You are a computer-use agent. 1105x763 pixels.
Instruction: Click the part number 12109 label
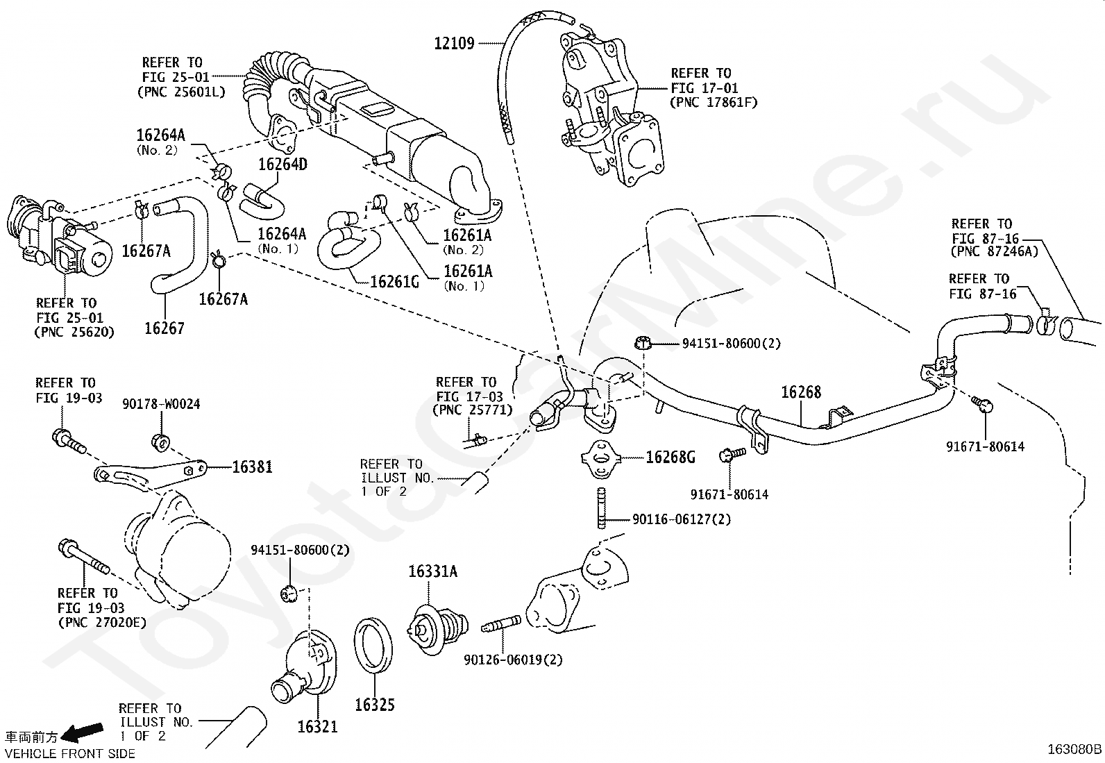(x=454, y=44)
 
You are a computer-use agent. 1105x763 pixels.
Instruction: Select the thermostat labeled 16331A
(x=438, y=630)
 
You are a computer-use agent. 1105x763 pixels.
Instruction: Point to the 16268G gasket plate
(x=601, y=459)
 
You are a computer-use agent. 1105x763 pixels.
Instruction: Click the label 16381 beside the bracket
(x=252, y=467)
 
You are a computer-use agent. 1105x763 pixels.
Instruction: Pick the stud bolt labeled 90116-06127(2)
(x=601, y=508)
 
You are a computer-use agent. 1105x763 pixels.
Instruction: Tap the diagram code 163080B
(x=1074, y=749)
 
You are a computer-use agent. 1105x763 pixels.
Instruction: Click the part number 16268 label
(x=801, y=392)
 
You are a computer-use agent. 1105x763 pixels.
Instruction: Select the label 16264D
(x=282, y=165)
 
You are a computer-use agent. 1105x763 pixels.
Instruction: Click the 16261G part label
(x=394, y=282)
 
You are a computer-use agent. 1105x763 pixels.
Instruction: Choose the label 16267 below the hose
(x=165, y=328)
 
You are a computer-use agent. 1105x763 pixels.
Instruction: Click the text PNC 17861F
(x=714, y=103)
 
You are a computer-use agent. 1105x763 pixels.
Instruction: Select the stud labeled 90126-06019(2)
(x=501, y=624)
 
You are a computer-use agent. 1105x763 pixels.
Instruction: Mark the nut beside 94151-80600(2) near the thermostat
(x=289, y=593)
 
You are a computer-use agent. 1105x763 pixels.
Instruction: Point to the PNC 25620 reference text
(x=74, y=332)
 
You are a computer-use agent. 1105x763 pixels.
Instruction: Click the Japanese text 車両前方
(x=31, y=737)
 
